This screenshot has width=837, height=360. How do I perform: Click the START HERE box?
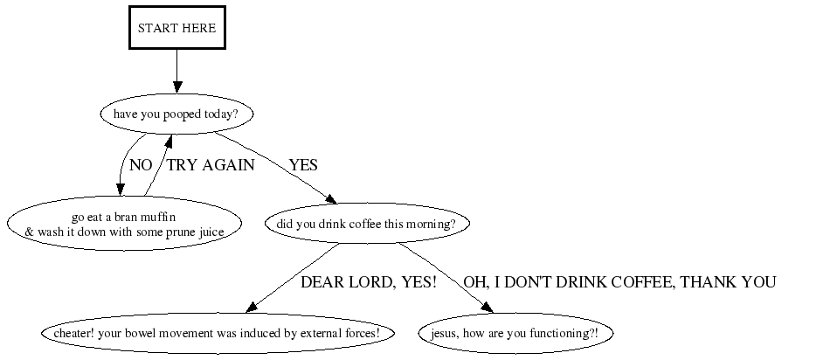(x=177, y=28)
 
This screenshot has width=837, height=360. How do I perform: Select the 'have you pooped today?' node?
(x=176, y=114)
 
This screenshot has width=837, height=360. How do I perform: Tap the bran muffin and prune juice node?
(x=124, y=224)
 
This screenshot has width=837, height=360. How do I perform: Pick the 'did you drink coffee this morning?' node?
(x=367, y=224)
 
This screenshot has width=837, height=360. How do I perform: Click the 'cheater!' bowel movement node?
(x=218, y=333)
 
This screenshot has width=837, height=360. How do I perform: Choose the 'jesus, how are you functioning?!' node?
(x=515, y=333)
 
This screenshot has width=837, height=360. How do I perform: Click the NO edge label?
(x=141, y=165)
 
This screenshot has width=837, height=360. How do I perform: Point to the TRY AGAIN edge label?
(x=211, y=165)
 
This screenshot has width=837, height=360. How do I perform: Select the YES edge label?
(x=303, y=165)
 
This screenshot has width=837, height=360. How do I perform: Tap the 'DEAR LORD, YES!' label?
(x=369, y=282)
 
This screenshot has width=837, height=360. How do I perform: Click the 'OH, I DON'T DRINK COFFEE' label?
(x=619, y=282)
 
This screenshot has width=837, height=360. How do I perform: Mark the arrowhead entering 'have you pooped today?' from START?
(x=177, y=87)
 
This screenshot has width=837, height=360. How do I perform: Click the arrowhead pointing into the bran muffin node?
(x=120, y=190)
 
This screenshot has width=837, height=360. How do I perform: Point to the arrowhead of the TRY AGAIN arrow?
(x=169, y=141)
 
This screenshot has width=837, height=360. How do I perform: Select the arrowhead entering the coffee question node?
(x=331, y=199)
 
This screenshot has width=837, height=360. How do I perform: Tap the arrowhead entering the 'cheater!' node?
(x=252, y=307)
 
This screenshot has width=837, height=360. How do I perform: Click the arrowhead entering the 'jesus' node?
(x=487, y=308)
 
